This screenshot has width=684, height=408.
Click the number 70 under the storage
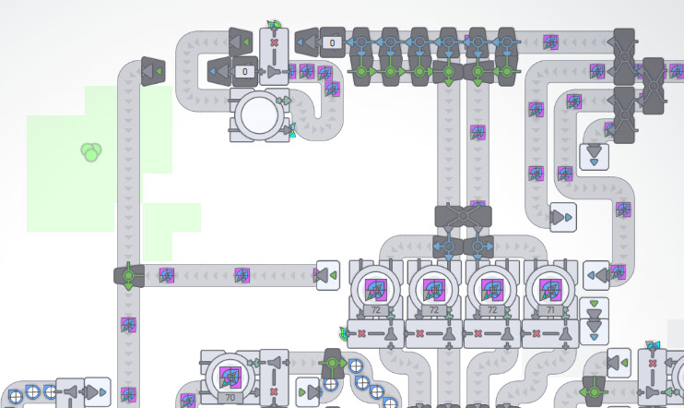pyautogui.click(x=230, y=398)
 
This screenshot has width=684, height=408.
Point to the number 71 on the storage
pyautogui.click(x=549, y=311)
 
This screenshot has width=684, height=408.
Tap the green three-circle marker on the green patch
pyautogui.click(x=90, y=151)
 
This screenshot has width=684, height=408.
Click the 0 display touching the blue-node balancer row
pyautogui.click(x=331, y=42)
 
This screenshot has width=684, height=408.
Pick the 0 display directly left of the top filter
pyautogui.click(x=244, y=70)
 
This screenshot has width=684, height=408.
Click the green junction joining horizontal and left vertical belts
pyautogui.click(x=129, y=275)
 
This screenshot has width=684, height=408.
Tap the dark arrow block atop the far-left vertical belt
pyautogui.click(x=153, y=70)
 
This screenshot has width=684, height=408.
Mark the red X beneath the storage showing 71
pyautogui.click(x=537, y=333)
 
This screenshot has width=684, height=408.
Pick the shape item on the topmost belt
pyautogui.click(x=550, y=42)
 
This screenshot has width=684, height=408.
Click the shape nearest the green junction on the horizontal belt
pyautogui.click(x=166, y=275)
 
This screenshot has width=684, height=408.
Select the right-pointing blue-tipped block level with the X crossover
pyautogui.click(x=562, y=218)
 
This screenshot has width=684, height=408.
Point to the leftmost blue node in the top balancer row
pyautogui.click(x=360, y=42)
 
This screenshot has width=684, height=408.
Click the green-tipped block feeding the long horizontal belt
pyautogui.click(x=326, y=274)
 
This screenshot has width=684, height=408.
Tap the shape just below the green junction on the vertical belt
pyautogui.click(x=128, y=324)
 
